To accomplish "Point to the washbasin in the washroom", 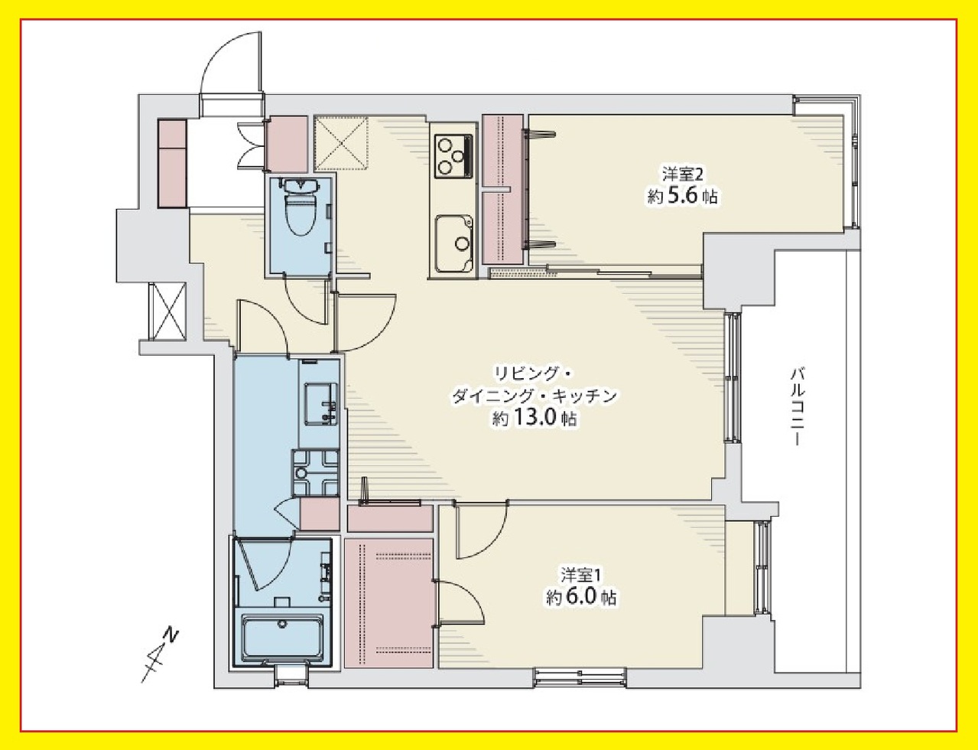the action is [321, 403].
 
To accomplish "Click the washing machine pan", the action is [316, 472].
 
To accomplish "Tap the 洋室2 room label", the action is [682, 174].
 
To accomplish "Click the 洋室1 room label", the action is [581, 576].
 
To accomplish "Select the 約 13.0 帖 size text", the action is [534, 419].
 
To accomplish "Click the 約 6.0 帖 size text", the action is [581, 598].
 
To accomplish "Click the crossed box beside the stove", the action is [341, 144].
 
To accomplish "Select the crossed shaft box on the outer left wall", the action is [167, 311].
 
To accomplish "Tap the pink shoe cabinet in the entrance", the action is [172, 163].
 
